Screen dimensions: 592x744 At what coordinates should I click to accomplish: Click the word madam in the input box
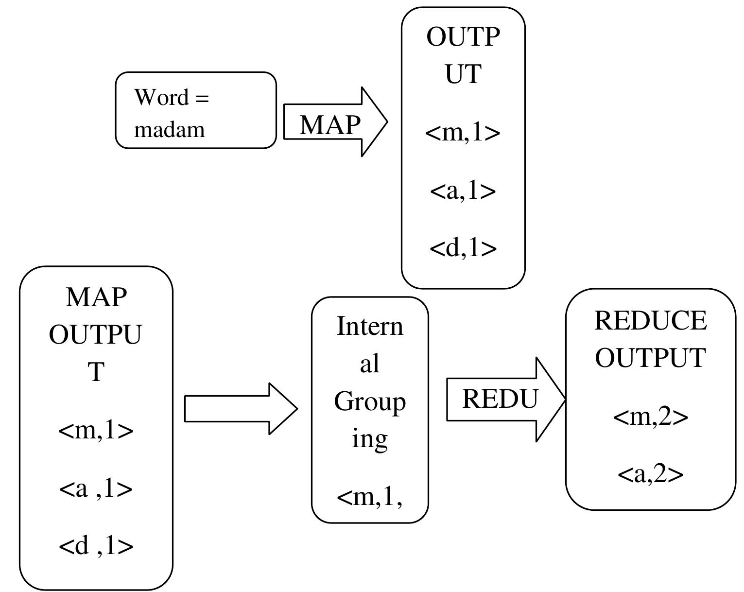[x=169, y=130]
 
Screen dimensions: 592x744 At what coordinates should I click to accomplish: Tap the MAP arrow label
[x=329, y=125]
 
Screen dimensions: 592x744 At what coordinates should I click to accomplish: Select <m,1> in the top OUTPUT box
[x=463, y=132]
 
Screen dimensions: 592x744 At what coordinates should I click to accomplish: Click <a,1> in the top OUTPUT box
[x=463, y=191]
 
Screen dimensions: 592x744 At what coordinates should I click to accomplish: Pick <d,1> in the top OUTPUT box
[x=463, y=248]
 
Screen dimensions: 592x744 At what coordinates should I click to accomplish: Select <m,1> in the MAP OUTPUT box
[x=96, y=430]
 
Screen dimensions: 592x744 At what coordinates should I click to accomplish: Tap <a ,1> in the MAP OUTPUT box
[x=96, y=488]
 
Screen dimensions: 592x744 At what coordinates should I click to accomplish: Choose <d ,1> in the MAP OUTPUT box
[x=96, y=546]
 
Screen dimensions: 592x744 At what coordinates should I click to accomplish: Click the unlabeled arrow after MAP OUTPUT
[x=240, y=409]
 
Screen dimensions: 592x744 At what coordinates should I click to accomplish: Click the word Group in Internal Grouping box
[x=369, y=402]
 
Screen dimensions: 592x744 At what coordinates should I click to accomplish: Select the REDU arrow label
[x=500, y=399]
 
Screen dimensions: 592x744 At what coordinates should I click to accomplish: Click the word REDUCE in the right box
[x=650, y=321]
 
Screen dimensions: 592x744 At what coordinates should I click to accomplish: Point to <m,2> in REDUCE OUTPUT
[x=650, y=417]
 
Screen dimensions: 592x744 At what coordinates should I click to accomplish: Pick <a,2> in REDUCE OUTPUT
[x=650, y=474]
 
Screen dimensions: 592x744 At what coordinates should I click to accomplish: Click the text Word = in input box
[x=171, y=97]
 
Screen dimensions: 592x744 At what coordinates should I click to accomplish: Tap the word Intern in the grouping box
[x=369, y=326]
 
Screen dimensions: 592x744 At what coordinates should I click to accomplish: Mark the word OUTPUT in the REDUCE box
[x=650, y=358]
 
